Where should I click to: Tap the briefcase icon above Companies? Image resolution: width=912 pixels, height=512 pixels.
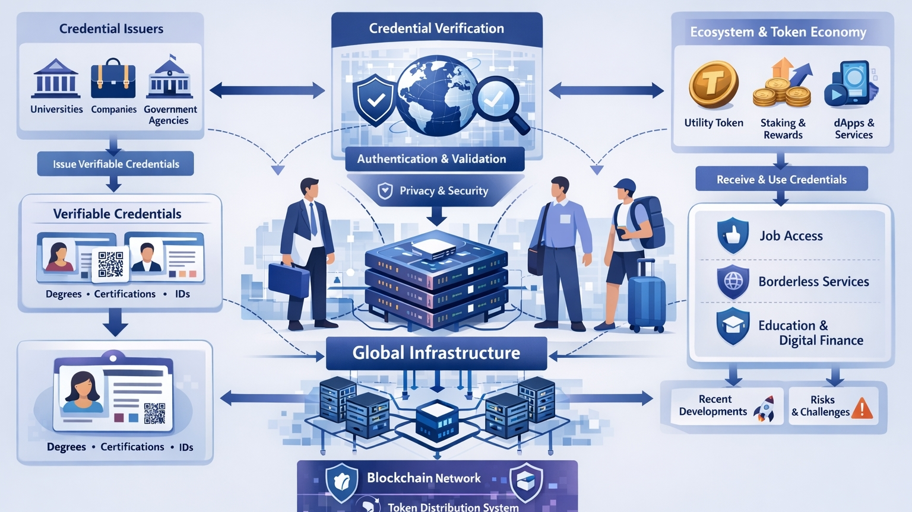tap(113, 79)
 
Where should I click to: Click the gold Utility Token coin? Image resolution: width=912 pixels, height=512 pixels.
tap(713, 85)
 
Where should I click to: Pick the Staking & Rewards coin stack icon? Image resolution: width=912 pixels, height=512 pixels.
tap(783, 84)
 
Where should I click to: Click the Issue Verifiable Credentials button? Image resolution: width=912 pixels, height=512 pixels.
tap(115, 164)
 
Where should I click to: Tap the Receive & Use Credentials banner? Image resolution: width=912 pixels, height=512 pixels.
tap(781, 179)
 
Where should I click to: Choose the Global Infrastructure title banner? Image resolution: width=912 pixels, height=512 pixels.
tap(436, 353)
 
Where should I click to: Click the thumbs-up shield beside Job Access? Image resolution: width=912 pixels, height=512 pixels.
tap(733, 236)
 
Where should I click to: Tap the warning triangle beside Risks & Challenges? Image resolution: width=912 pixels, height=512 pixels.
tap(862, 408)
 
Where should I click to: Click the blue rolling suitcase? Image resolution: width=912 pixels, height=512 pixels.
tap(646, 297)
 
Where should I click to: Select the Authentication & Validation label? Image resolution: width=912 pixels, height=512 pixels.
tap(432, 159)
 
